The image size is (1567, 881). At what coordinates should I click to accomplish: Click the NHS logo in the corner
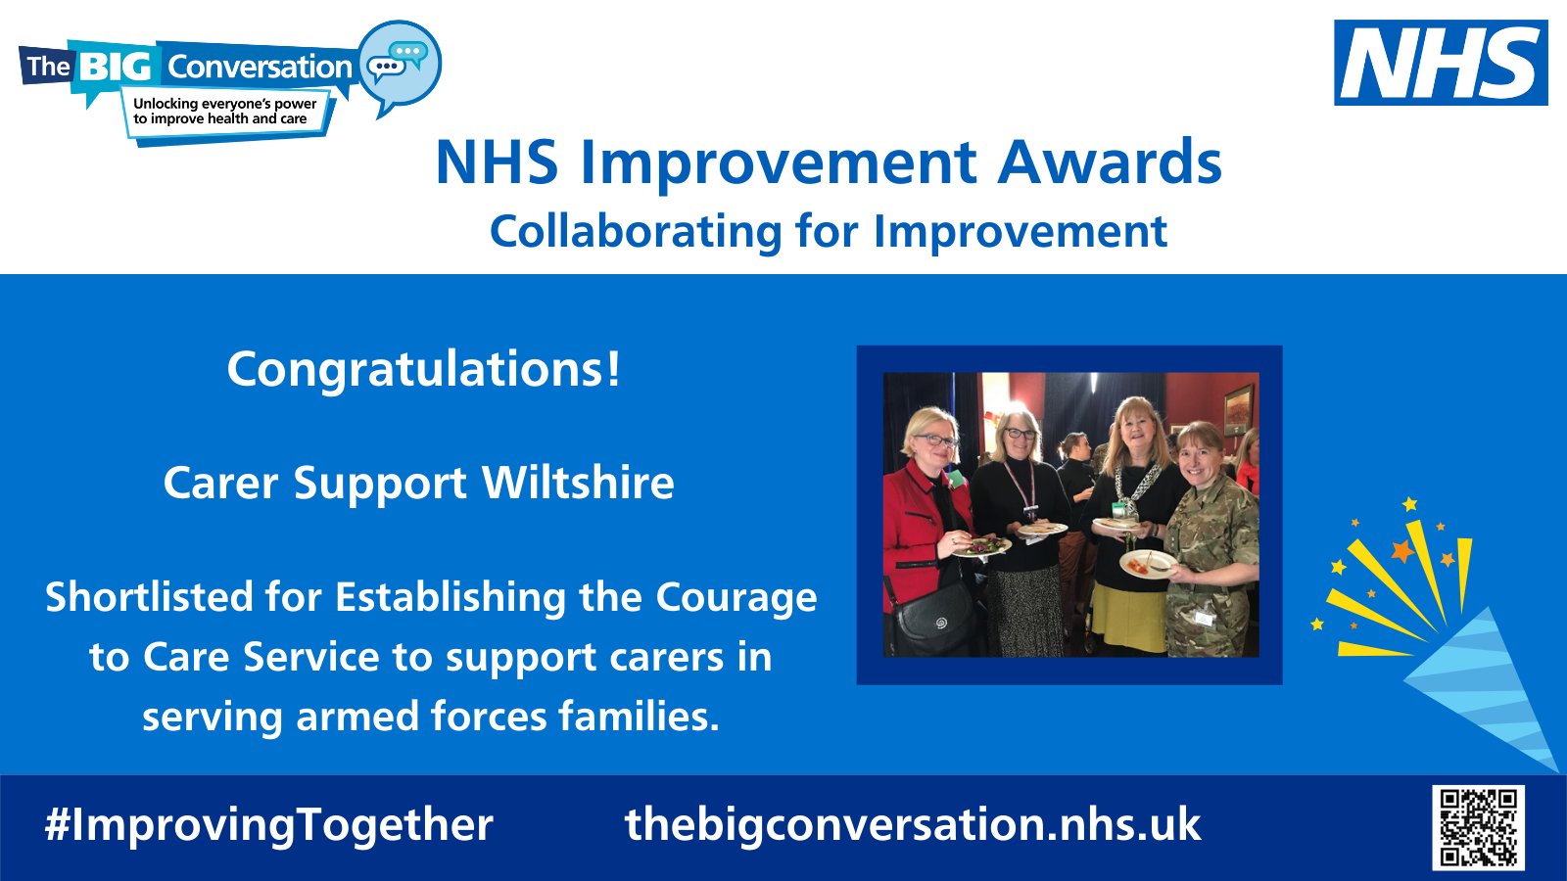click(1441, 63)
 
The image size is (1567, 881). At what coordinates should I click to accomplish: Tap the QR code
click(1478, 827)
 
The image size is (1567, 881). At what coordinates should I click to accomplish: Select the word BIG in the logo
click(115, 67)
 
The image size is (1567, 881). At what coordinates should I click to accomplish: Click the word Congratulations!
click(423, 370)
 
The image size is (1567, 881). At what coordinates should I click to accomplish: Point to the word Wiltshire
click(578, 484)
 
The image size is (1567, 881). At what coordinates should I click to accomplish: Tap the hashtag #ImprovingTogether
click(268, 825)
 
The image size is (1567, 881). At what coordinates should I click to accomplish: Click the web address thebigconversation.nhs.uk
click(912, 825)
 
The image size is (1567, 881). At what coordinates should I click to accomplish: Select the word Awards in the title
click(1110, 162)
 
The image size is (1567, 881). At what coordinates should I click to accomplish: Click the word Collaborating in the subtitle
click(636, 233)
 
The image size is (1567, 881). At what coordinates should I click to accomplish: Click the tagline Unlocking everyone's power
click(224, 104)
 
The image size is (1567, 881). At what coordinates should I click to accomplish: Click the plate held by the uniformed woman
click(1147, 564)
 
